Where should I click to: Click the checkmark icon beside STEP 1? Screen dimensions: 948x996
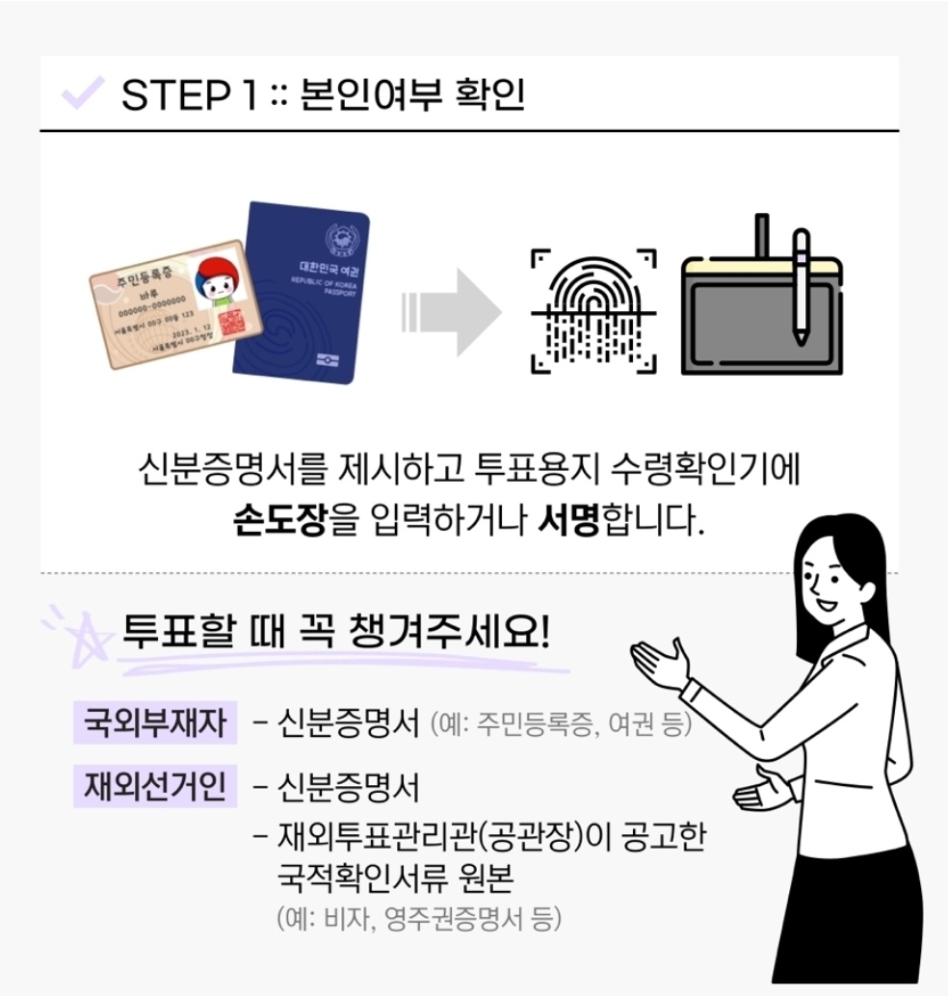[82, 94]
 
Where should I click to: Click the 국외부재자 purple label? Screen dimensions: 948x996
[155, 723]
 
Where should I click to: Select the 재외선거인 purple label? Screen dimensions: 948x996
[155, 787]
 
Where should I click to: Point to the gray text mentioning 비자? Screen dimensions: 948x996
[418, 918]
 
